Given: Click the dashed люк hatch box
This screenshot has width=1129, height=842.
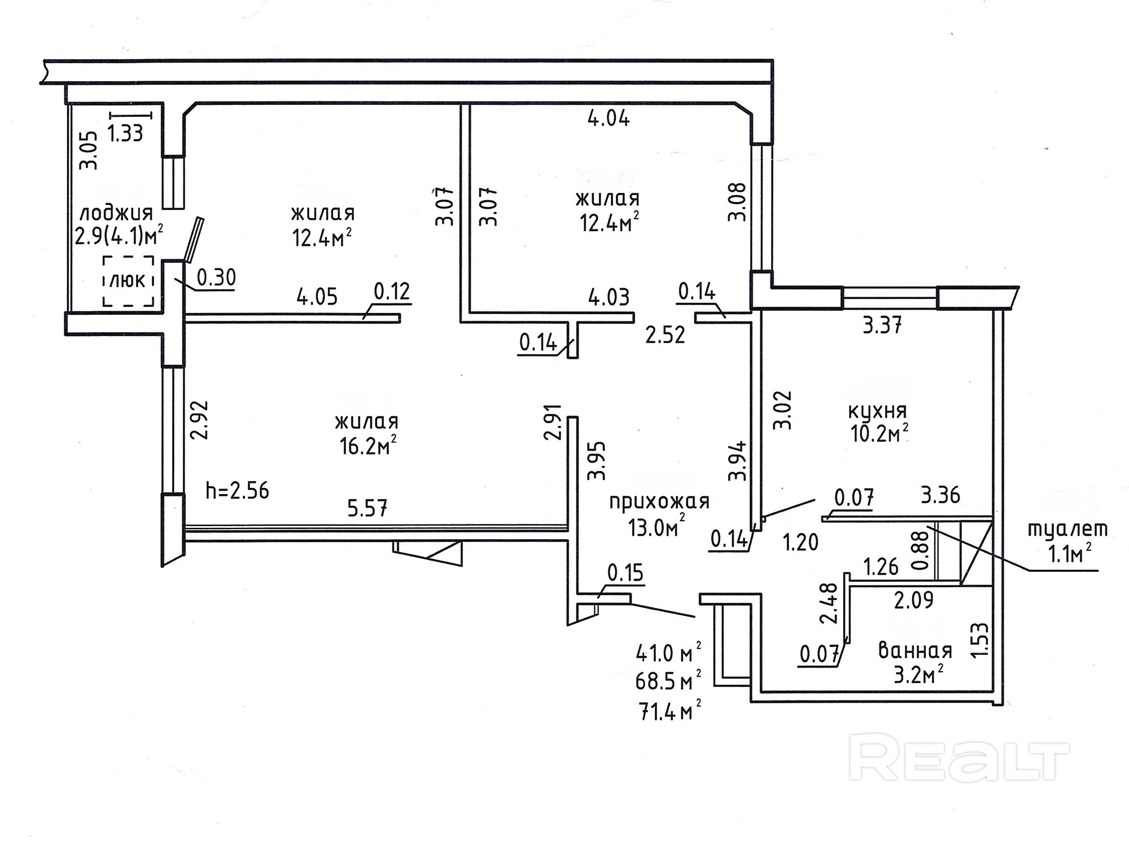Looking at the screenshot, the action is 128,281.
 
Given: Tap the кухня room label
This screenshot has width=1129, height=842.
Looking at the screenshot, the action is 877,411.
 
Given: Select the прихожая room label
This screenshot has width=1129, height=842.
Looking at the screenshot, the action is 659,501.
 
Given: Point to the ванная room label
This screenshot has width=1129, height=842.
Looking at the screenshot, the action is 915,651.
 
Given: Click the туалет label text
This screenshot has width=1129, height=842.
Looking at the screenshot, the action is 1067,529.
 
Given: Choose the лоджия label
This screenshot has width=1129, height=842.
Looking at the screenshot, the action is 116,213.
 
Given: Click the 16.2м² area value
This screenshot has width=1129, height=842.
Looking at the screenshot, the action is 367,447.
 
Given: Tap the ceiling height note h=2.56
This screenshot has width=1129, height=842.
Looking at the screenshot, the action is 237,491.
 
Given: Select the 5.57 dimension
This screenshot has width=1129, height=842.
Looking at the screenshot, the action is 367,509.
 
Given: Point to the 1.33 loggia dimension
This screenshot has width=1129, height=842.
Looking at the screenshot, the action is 125,134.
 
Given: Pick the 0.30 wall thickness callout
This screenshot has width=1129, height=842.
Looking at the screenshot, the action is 216,277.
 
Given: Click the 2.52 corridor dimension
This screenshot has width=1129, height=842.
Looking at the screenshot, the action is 665,334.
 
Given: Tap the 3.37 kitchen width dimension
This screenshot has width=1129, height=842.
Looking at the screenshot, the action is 882,325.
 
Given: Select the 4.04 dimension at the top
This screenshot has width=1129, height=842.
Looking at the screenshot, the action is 609,118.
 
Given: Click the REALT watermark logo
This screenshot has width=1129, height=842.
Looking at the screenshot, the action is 959,757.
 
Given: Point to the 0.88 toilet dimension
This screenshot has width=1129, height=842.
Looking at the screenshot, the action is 921,550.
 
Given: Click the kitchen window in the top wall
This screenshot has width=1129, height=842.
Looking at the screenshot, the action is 890,298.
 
